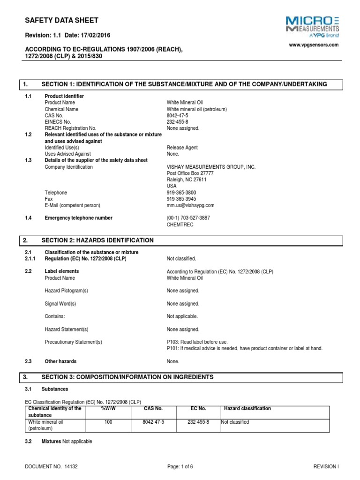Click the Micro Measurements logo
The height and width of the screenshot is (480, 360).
point(313,26)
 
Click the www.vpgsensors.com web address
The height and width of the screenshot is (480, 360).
point(313,45)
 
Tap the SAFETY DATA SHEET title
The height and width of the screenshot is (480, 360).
point(61,20)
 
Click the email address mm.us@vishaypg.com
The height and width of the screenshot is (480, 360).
point(190,205)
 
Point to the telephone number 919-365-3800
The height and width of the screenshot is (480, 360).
point(182,193)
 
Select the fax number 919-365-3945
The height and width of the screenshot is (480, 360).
point(182,199)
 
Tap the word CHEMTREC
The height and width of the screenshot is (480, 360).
point(180,225)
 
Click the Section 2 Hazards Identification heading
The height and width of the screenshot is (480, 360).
point(97,240)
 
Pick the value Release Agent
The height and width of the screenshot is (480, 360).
point(182,148)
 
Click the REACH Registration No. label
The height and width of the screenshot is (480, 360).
point(70,128)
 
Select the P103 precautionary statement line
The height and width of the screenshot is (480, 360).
point(197,342)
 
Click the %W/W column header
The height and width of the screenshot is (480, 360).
point(109,409)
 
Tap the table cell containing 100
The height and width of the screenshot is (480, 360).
point(109,422)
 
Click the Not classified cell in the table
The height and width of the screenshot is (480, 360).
point(235,422)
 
